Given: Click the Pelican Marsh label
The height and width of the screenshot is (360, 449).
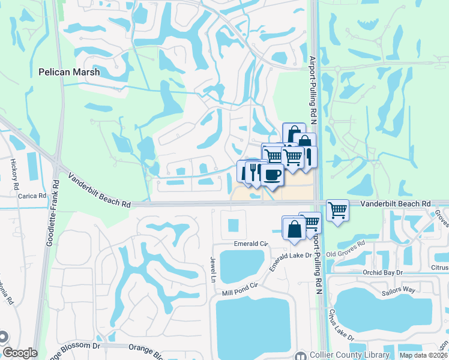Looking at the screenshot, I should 68,71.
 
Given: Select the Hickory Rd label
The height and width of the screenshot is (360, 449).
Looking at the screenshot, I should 13,175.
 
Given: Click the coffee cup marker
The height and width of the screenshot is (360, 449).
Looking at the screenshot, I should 272,175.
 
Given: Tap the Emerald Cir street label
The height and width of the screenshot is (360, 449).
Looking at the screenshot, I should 250,244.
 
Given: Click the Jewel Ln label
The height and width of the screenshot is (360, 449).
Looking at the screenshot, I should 212,267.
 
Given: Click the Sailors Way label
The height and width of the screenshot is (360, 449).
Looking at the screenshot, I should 399,289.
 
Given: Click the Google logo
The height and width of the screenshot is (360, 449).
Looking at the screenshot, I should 20,353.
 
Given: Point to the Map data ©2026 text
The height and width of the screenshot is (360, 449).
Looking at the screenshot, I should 423,355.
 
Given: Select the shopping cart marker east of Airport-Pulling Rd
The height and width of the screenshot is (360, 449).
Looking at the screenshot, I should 338,210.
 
